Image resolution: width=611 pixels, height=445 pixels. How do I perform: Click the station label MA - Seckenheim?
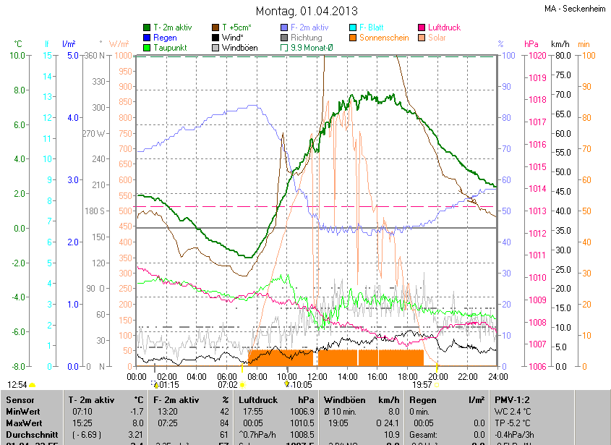[575, 9]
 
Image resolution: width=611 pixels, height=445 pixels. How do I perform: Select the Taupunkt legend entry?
[171, 48]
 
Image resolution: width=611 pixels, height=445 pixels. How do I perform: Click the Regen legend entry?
[165, 38]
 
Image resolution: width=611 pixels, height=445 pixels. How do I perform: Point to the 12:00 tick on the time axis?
[317, 377]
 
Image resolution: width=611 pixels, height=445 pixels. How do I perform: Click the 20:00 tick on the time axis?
[437, 377]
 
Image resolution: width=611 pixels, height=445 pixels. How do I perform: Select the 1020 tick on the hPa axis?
[535, 56]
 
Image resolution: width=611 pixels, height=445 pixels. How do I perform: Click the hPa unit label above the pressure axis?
[531, 44]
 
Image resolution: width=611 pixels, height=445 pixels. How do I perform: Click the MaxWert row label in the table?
[25, 423]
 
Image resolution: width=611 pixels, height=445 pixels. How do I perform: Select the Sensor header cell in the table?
[20, 399]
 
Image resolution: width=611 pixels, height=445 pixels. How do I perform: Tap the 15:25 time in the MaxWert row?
[82, 423]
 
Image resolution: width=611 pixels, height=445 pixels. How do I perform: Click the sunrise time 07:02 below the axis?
[228, 385]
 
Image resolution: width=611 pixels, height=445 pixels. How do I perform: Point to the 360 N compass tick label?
[95, 56]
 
